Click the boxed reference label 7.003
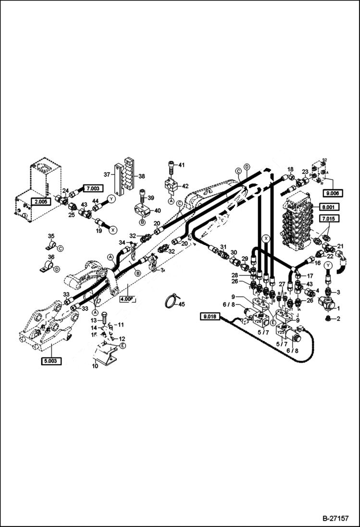tap(94, 188)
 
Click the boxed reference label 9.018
tap(210, 316)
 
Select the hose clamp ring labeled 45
tap(169, 302)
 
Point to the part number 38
tap(142, 176)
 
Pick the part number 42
tap(185, 186)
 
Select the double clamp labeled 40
tap(143, 211)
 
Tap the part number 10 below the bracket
tap(95, 367)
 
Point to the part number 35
tap(51, 235)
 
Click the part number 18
tap(290, 170)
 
